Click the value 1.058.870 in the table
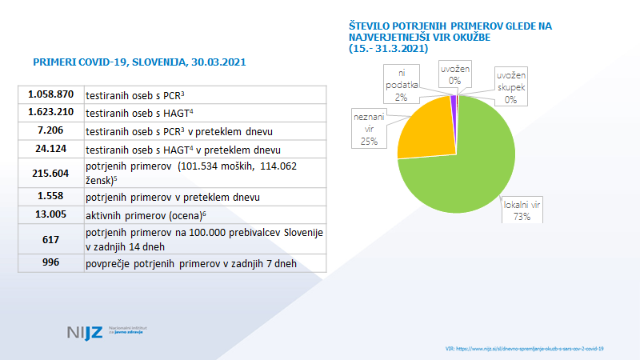coord(50,94)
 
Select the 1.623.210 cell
coord(50,112)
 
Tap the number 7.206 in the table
coord(50,130)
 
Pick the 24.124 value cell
coord(50,150)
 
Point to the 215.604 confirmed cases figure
coord(50,173)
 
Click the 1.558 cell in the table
coord(50,197)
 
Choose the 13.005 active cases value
coord(50,215)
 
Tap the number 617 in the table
coord(50,239)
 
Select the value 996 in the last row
coord(50,263)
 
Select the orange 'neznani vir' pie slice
coord(422,128)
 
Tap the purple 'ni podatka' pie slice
coord(454,100)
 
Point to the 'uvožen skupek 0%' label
coord(511,86)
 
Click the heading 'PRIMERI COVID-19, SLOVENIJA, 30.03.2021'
coord(138,62)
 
